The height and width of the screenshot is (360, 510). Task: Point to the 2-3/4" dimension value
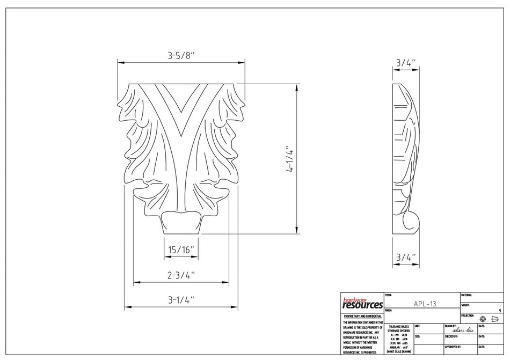coord(181,276)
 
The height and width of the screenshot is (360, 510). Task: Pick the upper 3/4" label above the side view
coord(406,63)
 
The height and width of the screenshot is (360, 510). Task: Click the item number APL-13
coord(425,304)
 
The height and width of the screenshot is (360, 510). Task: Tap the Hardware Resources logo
coord(362,303)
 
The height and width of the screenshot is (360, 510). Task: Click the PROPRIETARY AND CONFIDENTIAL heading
coord(362,317)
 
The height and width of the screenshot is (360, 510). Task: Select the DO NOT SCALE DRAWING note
coord(398,351)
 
